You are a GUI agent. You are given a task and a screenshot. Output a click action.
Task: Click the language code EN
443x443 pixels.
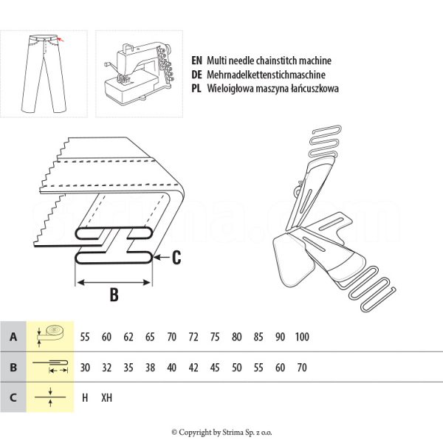[196, 61]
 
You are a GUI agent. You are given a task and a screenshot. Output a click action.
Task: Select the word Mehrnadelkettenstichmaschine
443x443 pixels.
[263, 74]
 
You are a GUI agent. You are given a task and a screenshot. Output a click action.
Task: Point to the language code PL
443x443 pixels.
[196, 87]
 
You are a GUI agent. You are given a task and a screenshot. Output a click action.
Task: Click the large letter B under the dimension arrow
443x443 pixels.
[114, 295]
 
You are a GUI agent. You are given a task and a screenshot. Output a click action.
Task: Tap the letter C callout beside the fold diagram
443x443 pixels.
[176, 258]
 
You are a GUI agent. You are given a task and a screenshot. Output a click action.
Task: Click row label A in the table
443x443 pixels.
[13, 337]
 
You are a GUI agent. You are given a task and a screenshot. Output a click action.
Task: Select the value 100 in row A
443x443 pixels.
[301, 337]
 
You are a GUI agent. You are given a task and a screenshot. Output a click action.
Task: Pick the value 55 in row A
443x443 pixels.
[85, 337]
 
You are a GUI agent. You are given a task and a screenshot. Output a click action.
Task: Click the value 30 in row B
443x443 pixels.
[85, 367]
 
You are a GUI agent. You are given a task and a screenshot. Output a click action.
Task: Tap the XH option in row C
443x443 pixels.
[107, 397]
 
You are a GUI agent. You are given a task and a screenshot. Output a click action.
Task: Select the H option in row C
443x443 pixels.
[85, 397]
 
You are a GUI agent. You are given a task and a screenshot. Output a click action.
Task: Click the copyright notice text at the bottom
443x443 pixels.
[221, 432]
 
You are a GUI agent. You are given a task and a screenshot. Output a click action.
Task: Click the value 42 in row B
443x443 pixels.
[193, 367]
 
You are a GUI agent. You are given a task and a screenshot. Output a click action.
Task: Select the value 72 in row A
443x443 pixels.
[193, 337]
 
